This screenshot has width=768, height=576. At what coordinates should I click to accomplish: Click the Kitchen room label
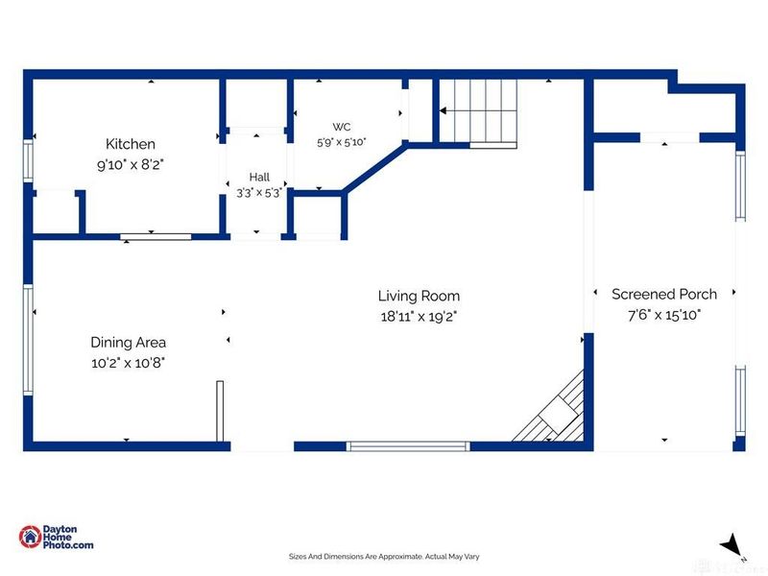click(131, 144)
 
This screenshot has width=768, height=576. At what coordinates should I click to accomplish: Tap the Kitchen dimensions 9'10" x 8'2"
click(131, 164)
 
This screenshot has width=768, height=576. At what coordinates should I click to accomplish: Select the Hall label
click(259, 177)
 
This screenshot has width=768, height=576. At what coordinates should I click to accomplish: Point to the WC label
click(342, 127)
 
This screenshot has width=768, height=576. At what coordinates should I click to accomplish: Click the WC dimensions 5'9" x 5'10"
click(342, 142)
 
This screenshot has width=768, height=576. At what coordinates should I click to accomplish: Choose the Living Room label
click(419, 296)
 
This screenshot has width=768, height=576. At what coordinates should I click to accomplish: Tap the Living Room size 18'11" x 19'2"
click(419, 317)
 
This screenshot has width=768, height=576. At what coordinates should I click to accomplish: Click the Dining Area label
click(129, 343)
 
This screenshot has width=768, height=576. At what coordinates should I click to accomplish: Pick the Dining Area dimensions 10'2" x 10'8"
click(129, 363)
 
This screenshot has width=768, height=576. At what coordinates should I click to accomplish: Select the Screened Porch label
click(664, 295)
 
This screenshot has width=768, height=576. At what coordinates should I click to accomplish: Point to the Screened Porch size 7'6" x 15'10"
click(664, 315)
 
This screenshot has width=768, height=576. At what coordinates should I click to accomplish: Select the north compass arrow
click(732, 545)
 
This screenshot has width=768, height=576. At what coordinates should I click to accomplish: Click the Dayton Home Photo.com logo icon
click(30, 537)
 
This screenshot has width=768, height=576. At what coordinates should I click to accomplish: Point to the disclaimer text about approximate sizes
click(384, 557)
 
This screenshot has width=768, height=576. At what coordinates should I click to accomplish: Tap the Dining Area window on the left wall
click(28, 340)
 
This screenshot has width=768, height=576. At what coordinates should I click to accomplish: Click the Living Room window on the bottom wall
click(408, 446)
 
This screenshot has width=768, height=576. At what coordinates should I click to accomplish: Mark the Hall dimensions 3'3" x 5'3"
click(259, 193)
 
